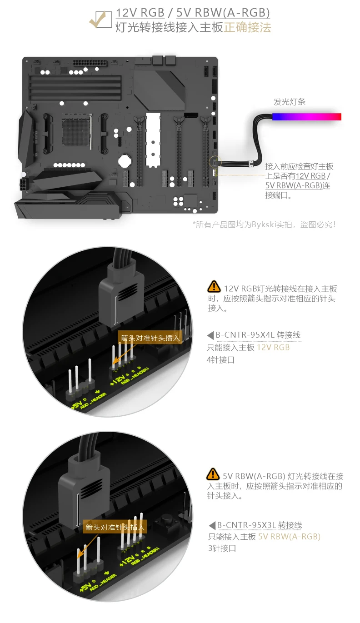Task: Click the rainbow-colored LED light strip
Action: (x=307, y=117)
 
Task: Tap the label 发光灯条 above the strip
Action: (x=290, y=102)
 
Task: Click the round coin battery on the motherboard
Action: (x=125, y=160)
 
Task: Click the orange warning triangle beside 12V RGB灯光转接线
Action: (x=214, y=287)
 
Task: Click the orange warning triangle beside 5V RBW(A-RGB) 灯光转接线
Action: (x=213, y=474)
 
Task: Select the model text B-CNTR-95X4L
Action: (x=245, y=335)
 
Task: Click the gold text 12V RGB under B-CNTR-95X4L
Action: (x=273, y=348)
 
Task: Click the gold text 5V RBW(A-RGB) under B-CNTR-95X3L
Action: (x=289, y=537)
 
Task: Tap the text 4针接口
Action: (x=222, y=360)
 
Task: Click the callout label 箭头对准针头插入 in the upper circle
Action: (x=150, y=338)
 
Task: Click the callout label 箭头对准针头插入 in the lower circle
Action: (x=115, y=528)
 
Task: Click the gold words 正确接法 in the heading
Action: (x=247, y=27)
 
